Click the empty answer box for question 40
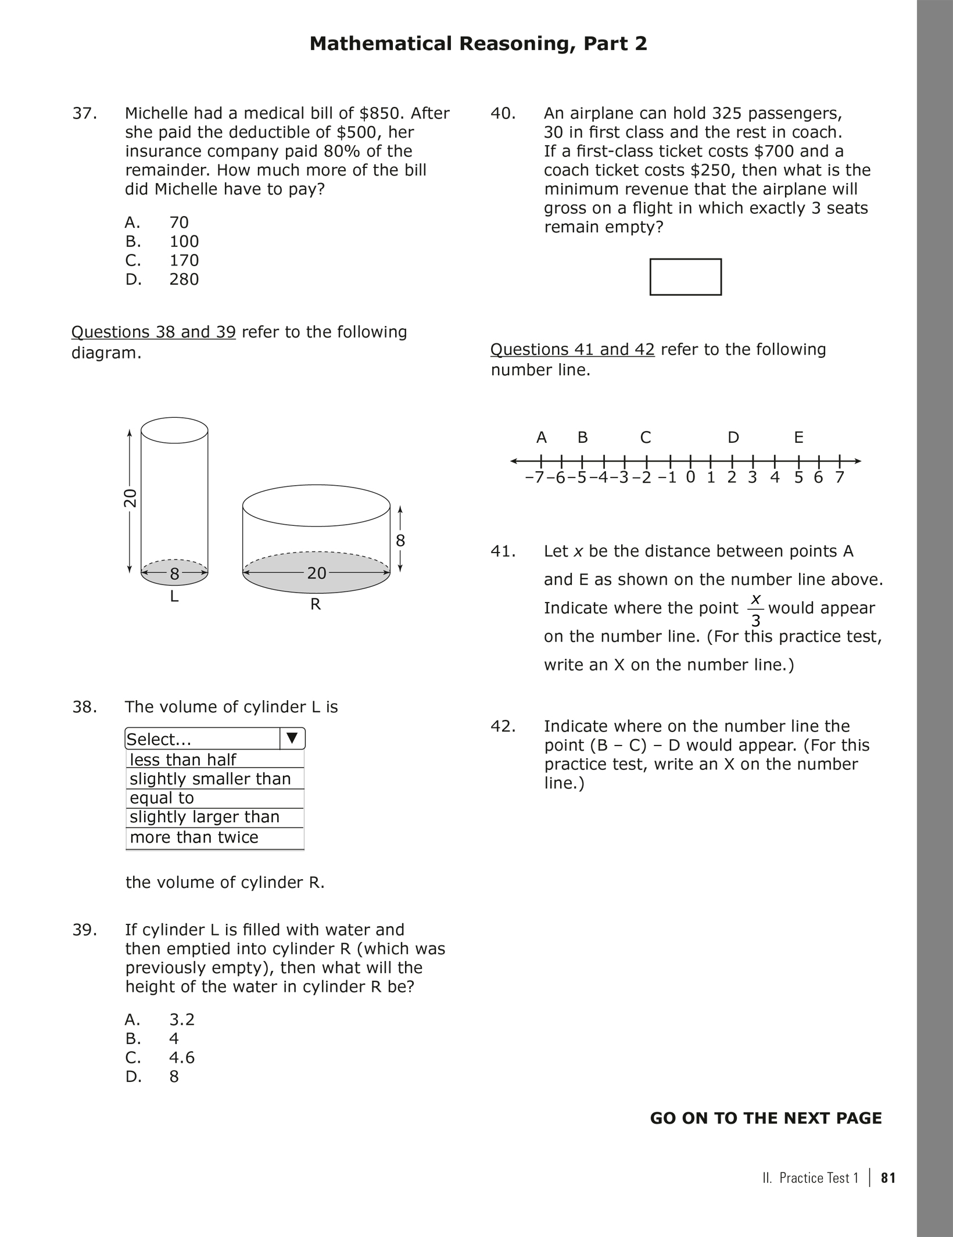(685, 277)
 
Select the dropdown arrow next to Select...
(292, 738)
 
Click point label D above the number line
(733, 438)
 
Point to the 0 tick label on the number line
(690, 478)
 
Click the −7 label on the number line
(534, 478)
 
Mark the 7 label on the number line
(839, 478)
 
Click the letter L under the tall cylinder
(174, 596)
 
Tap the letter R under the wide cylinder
(316, 605)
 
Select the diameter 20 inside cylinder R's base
(317, 573)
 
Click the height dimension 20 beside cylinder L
(130, 498)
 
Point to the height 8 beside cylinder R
(400, 541)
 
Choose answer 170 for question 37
(184, 260)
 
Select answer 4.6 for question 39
(182, 1057)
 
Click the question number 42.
(503, 726)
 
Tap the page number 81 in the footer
(888, 1178)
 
